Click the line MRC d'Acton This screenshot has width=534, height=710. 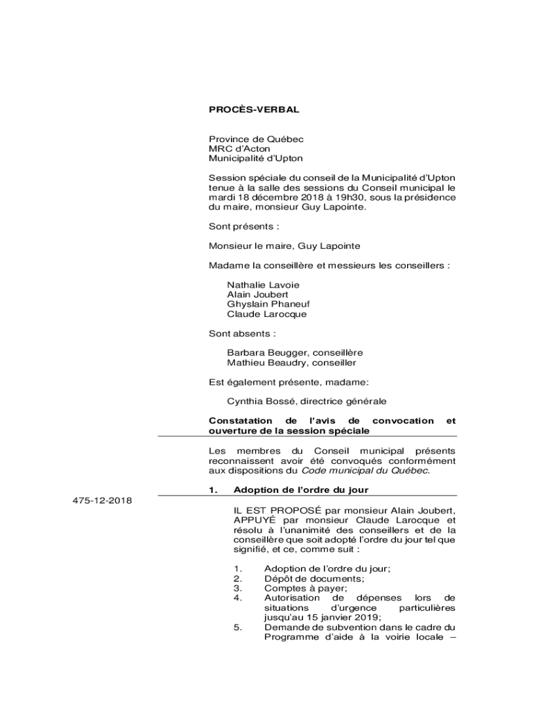pos(240,148)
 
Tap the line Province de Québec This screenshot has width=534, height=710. pos(257,139)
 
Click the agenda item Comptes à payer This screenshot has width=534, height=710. pos(304,588)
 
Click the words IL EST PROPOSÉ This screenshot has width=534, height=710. pos(270,510)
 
